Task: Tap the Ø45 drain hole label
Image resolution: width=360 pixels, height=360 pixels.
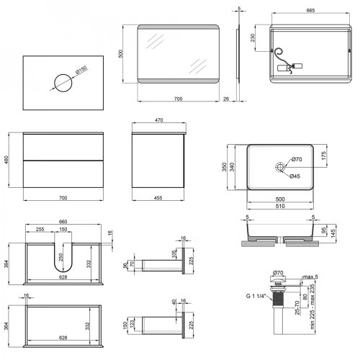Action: [x=295, y=175]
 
